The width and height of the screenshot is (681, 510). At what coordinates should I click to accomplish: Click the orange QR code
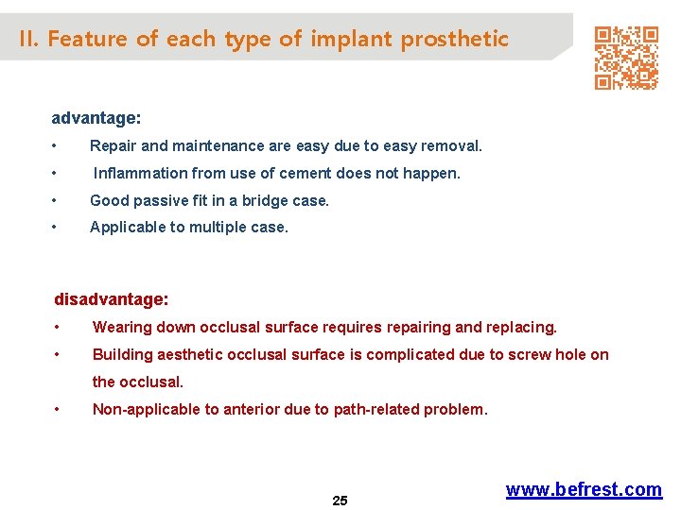[625, 58]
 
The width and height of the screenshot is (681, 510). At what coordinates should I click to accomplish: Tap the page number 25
[340, 501]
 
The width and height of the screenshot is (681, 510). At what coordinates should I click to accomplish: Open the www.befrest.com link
[584, 489]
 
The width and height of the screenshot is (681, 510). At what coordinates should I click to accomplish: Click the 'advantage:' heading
[96, 119]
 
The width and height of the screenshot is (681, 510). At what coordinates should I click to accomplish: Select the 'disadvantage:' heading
[112, 299]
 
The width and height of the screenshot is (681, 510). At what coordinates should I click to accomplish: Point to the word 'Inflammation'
[141, 174]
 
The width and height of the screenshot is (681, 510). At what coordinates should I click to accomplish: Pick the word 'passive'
[158, 201]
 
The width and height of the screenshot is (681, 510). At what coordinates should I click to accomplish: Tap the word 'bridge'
[269, 201]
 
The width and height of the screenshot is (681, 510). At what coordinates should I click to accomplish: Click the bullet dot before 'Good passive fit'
[58, 201]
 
